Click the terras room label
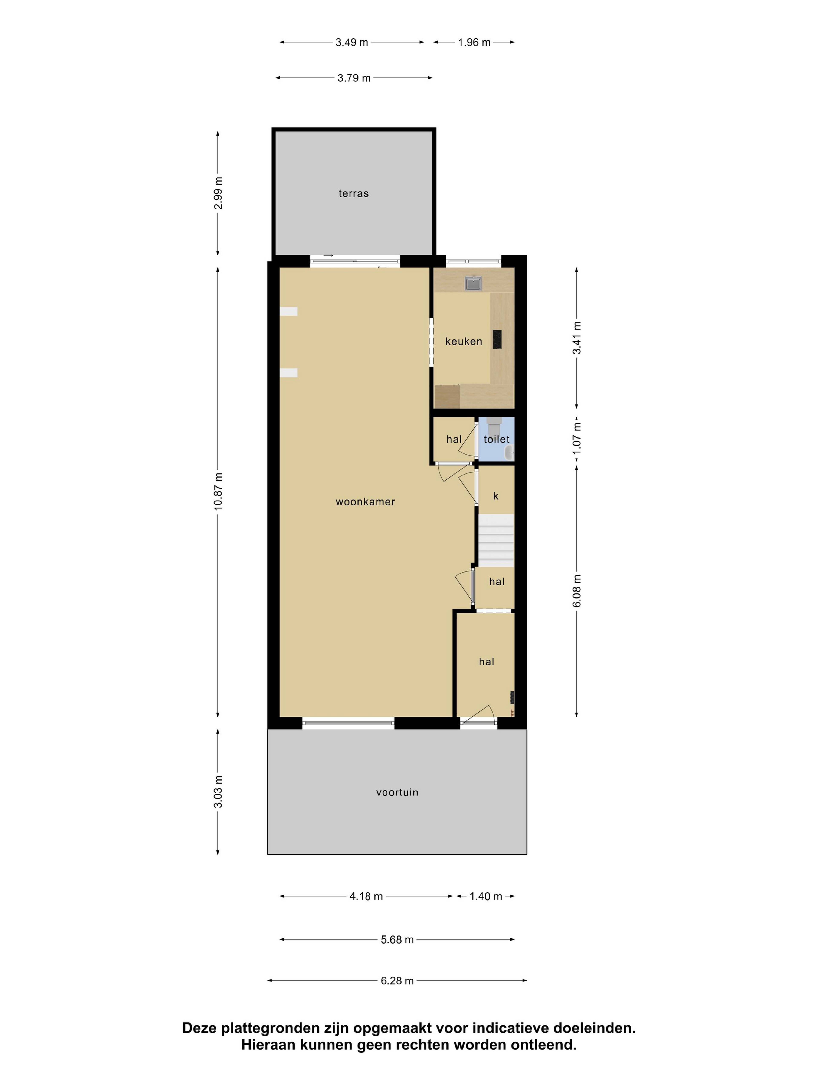coord(354,193)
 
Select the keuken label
coord(464,341)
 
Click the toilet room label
coord(497,439)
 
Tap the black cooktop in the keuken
coord(497,339)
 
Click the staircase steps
coord(496,541)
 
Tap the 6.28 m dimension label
coord(397,981)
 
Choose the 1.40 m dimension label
coord(486,896)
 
